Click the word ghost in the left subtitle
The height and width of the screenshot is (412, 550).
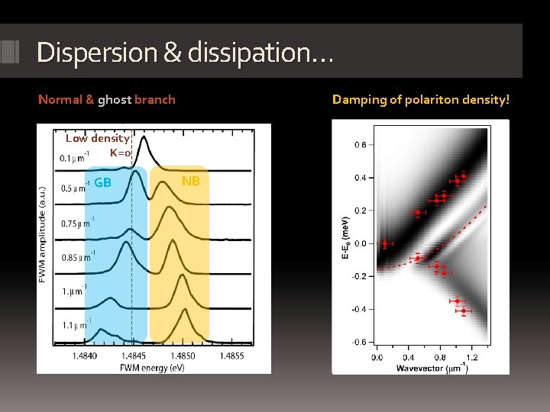[115, 99]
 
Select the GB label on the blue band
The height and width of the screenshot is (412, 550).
[103, 182]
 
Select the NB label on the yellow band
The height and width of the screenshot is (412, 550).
[191, 181]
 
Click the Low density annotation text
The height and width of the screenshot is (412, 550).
[97, 138]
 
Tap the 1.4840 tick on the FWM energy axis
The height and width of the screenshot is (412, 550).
[85, 356]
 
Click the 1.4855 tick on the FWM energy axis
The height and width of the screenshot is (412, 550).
[231, 356]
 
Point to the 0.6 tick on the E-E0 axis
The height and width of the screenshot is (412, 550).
[359, 145]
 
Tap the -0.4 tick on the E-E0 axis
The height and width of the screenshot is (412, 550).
[357, 309]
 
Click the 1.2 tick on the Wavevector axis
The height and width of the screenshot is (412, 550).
[471, 356]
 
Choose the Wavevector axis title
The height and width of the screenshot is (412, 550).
[432, 369]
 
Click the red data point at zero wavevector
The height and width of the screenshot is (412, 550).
[384, 244]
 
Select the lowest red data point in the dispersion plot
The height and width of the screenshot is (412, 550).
[464, 311]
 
